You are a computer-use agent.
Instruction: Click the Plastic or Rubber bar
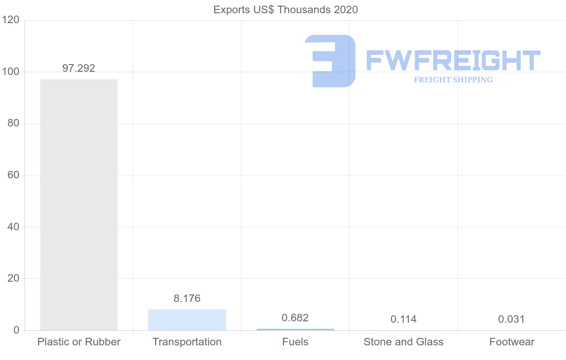(79, 204)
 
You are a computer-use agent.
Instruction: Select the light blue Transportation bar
(187, 320)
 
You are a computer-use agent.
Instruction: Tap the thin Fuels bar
(295, 329)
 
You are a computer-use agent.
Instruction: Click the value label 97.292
(79, 68)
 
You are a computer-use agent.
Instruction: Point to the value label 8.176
(187, 299)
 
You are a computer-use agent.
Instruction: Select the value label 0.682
(295, 318)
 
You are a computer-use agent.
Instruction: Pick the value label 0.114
(404, 319)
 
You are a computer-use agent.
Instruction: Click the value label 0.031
(511, 319)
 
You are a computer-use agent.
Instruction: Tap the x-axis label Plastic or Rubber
(79, 342)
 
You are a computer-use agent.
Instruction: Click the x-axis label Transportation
(187, 342)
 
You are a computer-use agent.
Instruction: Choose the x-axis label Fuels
(295, 342)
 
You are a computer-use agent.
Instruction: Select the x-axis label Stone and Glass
(404, 342)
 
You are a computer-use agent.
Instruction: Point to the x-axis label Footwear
(512, 342)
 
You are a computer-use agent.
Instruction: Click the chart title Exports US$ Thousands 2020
(286, 9)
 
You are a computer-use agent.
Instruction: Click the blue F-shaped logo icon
(330, 61)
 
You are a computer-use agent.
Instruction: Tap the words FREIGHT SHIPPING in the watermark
(453, 80)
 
